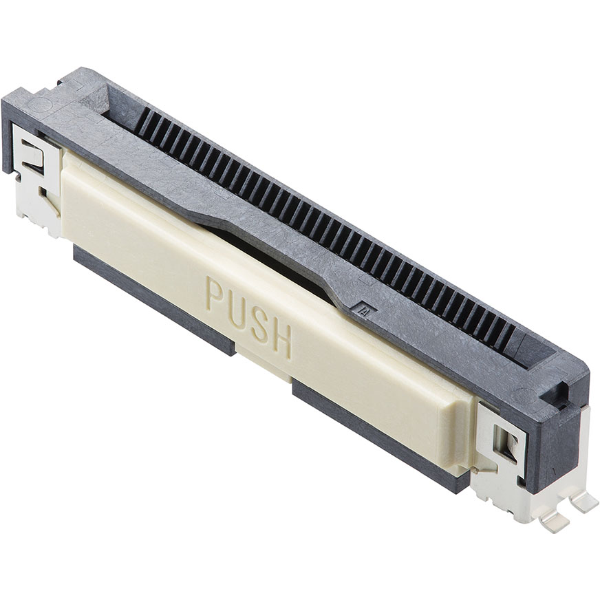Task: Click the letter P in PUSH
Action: pos(215,294)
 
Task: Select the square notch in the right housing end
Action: pos(559,396)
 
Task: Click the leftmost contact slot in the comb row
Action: pos(140,121)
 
